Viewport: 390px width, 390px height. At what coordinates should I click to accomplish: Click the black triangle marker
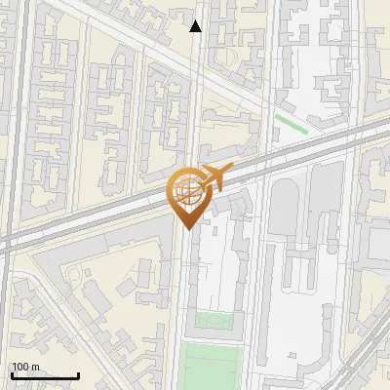(x=196, y=26)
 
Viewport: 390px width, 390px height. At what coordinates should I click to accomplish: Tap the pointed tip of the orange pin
(x=185, y=230)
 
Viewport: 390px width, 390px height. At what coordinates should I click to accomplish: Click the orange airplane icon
(x=214, y=178)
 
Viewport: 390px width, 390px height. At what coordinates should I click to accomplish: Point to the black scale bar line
(x=45, y=376)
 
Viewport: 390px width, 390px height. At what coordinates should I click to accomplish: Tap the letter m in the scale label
(x=35, y=368)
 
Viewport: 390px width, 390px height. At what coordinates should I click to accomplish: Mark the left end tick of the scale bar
(x=12, y=374)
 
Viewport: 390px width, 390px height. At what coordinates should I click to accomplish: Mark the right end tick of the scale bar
(x=78, y=374)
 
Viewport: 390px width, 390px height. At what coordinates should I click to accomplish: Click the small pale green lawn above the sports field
(x=214, y=320)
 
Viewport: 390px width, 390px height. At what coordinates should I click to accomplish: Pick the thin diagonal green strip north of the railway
(x=291, y=124)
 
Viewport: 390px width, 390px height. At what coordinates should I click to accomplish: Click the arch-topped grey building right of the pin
(x=283, y=205)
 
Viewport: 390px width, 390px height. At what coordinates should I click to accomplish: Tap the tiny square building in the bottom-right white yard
(x=292, y=357)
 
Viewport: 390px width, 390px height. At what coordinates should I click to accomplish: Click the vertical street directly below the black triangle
(x=196, y=97)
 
